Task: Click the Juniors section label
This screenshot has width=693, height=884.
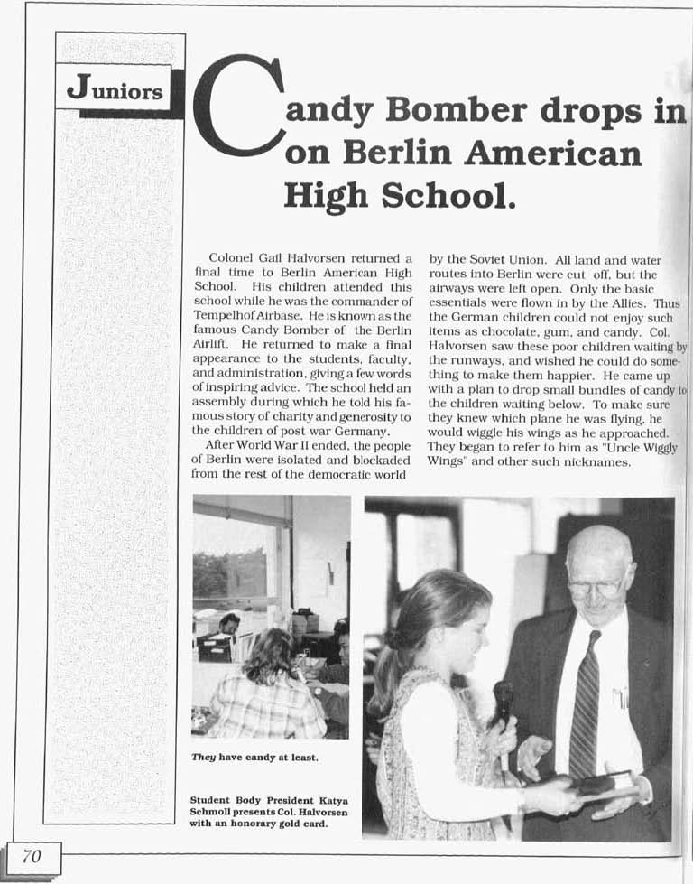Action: (115, 90)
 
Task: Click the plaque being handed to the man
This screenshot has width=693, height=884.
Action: (605, 785)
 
